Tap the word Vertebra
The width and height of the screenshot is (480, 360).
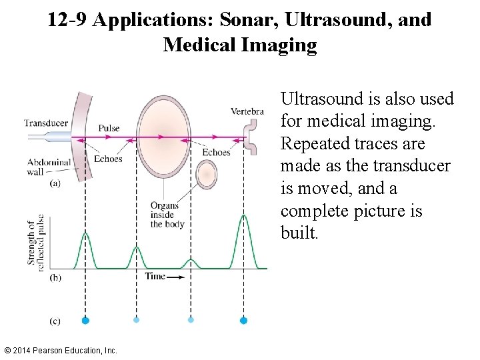(247, 111)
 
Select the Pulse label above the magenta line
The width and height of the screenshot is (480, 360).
(109, 128)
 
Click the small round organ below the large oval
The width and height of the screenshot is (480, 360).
(206, 174)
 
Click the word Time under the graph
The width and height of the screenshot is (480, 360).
(156, 276)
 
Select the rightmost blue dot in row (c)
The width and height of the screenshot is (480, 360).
(243, 321)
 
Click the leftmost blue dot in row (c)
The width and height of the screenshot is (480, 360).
(85, 321)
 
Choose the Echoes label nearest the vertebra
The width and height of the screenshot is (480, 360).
(216, 153)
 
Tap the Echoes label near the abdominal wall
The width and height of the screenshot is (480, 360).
(108, 159)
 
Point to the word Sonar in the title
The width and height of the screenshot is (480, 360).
(243, 20)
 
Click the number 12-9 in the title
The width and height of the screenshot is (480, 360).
(68, 20)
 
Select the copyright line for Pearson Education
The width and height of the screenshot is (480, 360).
(60, 350)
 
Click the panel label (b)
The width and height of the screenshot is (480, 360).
(55, 277)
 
